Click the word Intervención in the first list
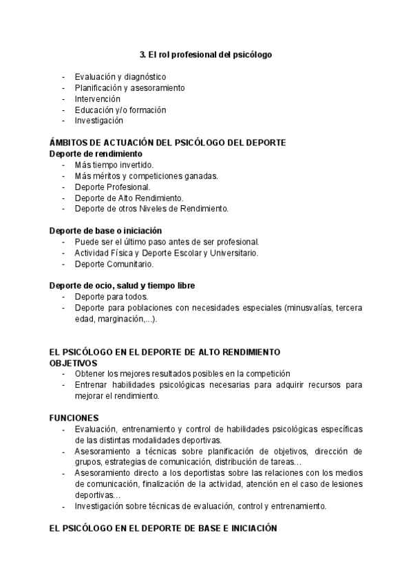[97, 98]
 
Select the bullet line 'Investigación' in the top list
[99, 121]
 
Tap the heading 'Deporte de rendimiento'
[96, 154]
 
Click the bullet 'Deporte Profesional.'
[112, 187]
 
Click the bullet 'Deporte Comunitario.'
[114, 264]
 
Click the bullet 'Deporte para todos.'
[110, 297]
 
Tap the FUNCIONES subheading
[74, 417]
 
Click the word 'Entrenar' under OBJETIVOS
[92, 385]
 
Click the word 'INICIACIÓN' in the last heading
[248, 529]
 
